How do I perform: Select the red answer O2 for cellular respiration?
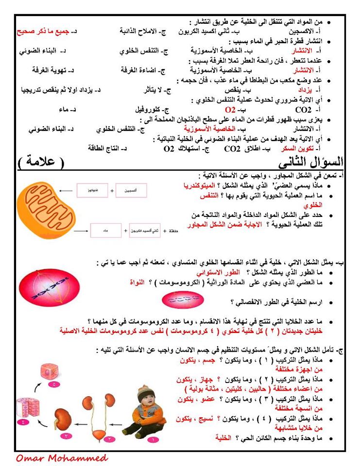[x=229, y=109]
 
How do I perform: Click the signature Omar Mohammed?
[x=62, y=458]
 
